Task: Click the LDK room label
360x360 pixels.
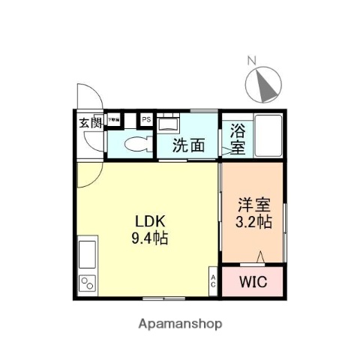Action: click(x=150, y=223)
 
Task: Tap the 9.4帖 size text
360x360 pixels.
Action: click(x=150, y=240)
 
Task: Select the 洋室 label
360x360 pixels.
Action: click(x=252, y=204)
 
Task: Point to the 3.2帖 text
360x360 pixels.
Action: click(x=252, y=222)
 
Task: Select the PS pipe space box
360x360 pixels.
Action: click(x=145, y=119)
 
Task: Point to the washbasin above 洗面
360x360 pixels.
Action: click(x=169, y=122)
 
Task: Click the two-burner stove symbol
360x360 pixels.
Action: click(x=86, y=283)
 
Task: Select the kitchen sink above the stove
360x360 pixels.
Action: click(x=86, y=255)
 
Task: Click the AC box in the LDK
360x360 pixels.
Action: click(x=212, y=283)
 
